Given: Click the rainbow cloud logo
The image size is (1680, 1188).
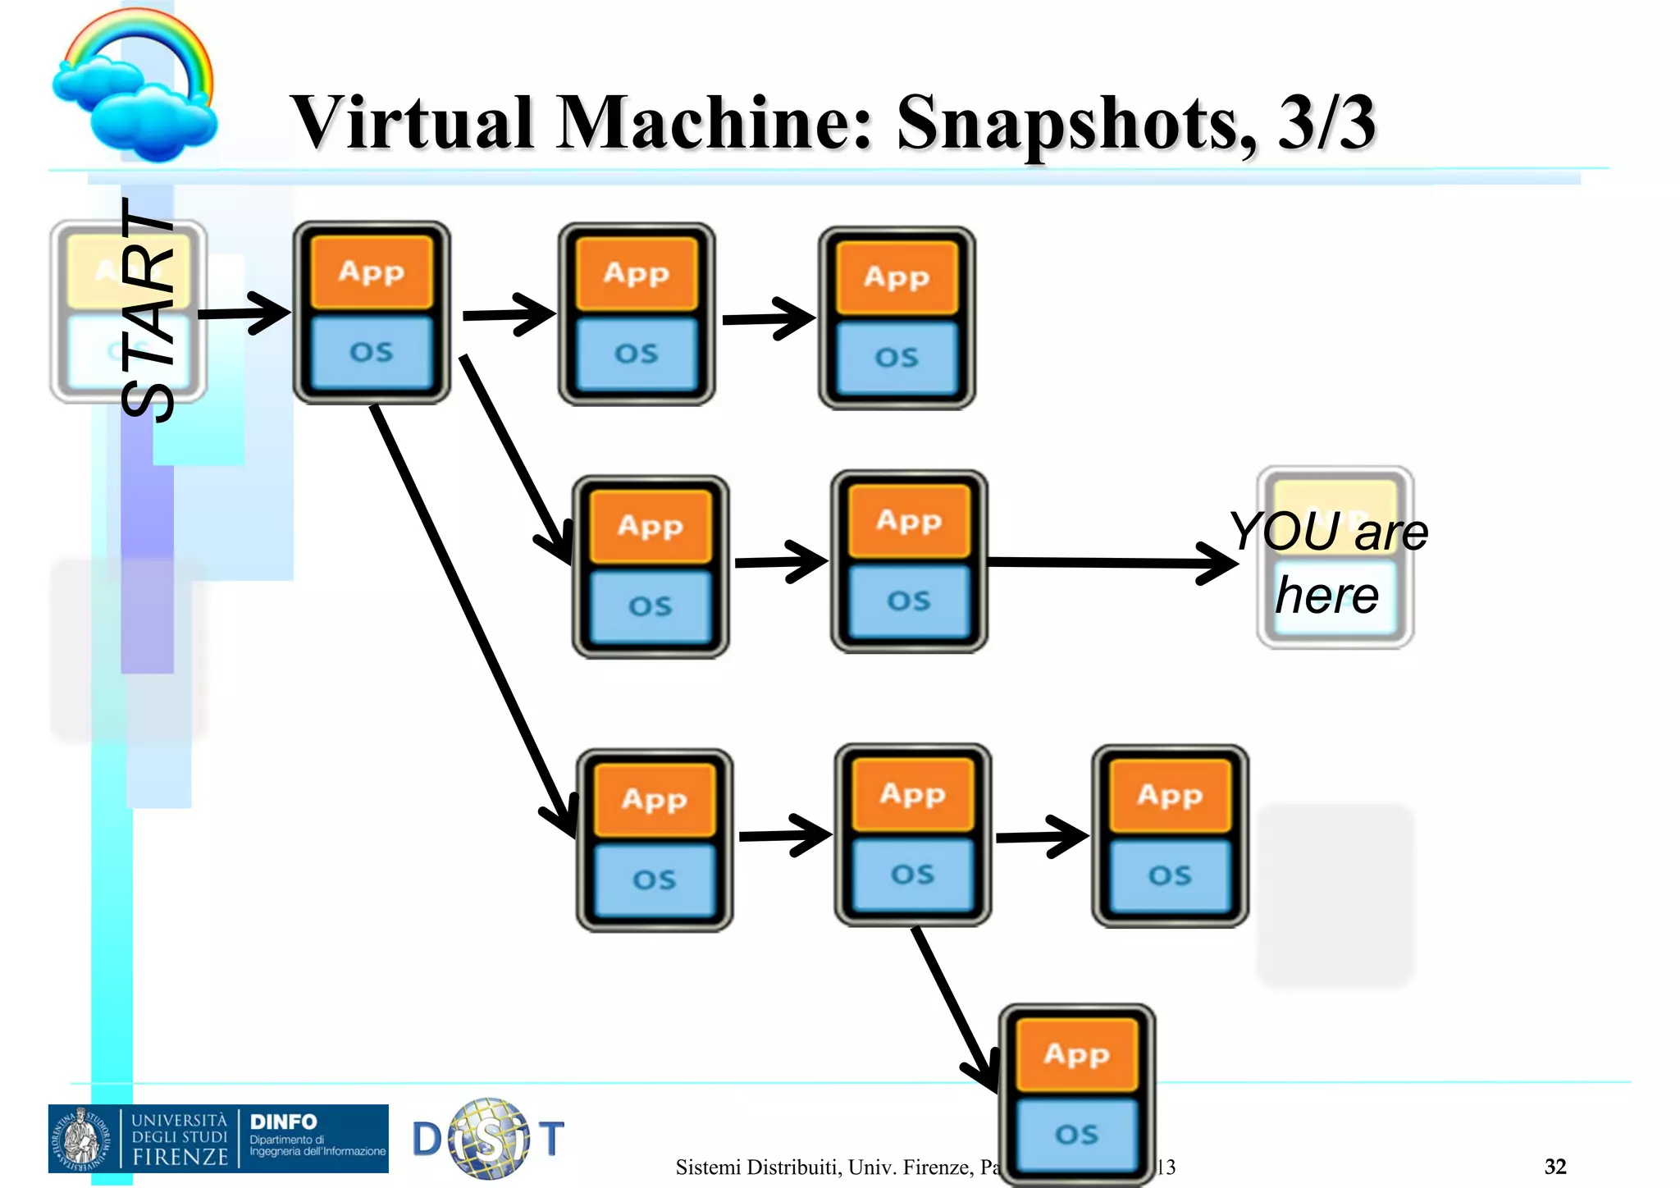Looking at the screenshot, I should click(135, 86).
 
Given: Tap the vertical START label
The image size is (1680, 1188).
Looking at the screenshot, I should click(148, 310).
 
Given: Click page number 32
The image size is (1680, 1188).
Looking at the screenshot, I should click(1555, 1166).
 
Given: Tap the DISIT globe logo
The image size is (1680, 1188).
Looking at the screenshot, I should click(489, 1139).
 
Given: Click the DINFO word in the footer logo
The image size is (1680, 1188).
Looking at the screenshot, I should click(283, 1122).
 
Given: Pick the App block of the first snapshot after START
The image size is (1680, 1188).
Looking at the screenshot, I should click(372, 272).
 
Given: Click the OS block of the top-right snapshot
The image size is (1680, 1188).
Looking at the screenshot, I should click(897, 358).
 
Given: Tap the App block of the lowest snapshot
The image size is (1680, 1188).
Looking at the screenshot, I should click(1076, 1053).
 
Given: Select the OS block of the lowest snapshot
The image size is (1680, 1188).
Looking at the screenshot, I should click(1076, 1134).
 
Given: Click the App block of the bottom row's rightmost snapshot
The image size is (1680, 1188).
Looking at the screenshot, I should click(1170, 795).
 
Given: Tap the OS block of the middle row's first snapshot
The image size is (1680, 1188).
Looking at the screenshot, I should click(651, 606).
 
